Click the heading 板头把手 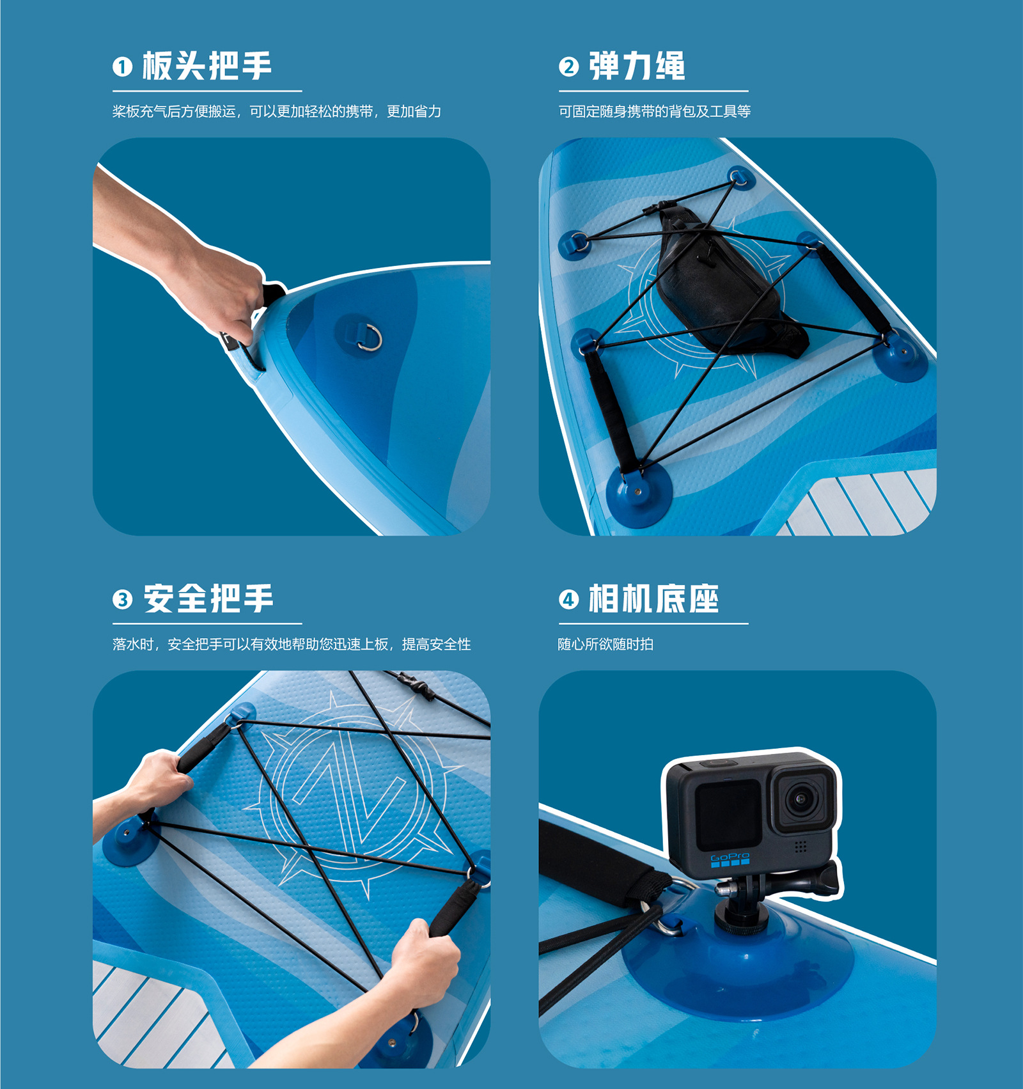207,66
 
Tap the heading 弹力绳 637,66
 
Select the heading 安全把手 208,599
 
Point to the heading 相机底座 653,599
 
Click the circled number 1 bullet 122,67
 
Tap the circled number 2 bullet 568,67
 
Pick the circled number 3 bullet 122,600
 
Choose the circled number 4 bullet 568,600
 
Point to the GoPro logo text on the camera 730,856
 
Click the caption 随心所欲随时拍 605,644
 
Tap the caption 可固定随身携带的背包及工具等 655,111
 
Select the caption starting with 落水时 292,644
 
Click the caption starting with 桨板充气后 277,111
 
